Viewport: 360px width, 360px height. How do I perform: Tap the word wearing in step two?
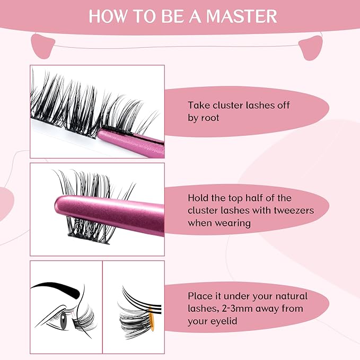pos(233,223)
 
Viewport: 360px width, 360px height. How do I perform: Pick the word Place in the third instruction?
pos(200,296)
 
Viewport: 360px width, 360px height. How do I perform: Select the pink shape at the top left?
pos(44,45)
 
